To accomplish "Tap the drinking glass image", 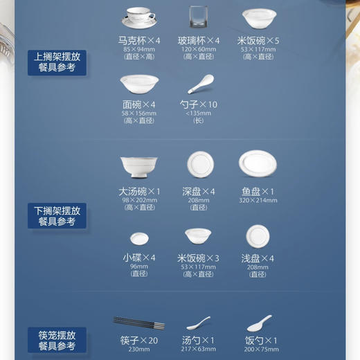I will [x=199, y=17].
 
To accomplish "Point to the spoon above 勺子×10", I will [x=200, y=84].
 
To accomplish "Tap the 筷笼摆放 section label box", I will [x=57, y=339].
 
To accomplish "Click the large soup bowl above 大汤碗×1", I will [x=138, y=167].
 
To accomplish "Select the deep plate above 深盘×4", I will [x=199, y=164].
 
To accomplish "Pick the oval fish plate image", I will [x=259, y=164].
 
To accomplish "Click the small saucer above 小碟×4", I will [x=138, y=238].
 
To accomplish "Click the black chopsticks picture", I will [x=138, y=323].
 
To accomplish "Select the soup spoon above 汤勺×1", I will [x=199, y=323].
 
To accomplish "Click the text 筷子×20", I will [x=139, y=341].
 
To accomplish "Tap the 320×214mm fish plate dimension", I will [x=259, y=200].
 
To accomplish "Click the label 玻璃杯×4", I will [x=199, y=41].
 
